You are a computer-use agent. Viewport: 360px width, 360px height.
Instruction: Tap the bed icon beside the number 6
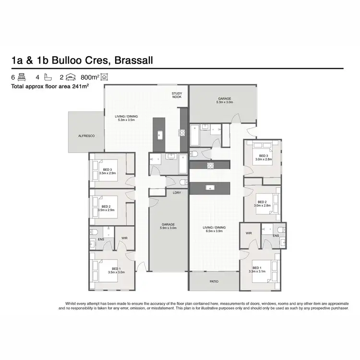tap(21, 77)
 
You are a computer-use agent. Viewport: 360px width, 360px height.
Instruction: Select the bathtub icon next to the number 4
tap(48, 77)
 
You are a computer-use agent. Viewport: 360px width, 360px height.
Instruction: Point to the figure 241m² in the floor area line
tap(80, 87)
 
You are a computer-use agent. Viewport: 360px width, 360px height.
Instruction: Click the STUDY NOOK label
tap(177, 95)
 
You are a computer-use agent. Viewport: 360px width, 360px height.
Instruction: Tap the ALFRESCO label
tap(86, 136)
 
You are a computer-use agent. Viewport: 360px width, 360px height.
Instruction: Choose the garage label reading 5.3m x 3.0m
tap(225, 100)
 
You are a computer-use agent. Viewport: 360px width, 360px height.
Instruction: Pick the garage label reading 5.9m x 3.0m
tap(168, 227)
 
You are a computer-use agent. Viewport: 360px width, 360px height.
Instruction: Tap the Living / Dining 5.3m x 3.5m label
tap(126, 118)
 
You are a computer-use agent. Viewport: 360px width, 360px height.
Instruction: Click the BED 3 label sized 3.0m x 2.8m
tap(263, 157)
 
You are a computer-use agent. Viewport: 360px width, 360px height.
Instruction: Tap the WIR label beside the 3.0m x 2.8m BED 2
tap(249, 233)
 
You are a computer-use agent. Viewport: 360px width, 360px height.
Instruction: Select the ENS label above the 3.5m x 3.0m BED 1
tap(101, 239)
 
